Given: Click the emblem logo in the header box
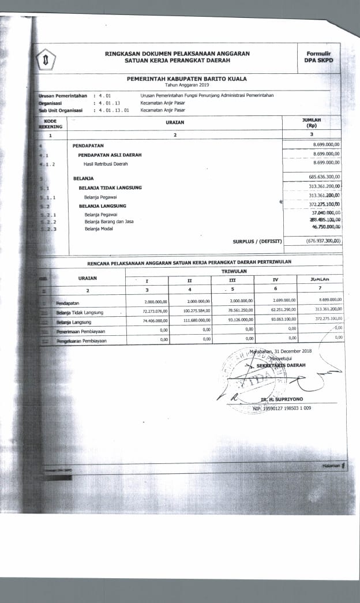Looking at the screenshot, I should [x=46, y=60].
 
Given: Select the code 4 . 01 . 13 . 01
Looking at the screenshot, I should [x=114, y=110].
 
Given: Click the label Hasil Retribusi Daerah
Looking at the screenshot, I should [x=106, y=164].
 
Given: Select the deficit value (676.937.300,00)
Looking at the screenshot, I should [x=324, y=241].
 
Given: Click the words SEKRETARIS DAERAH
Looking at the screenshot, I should [x=281, y=365].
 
